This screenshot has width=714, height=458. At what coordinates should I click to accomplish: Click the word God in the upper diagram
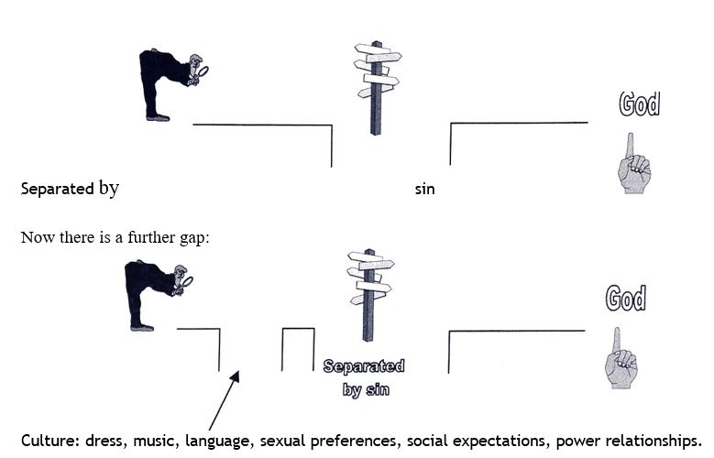[x=639, y=104]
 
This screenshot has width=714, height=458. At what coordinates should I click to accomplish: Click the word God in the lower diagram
[x=626, y=299]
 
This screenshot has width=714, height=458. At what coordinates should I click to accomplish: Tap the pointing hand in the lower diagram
[x=621, y=358]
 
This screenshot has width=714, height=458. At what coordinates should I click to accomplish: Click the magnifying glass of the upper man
[x=203, y=69]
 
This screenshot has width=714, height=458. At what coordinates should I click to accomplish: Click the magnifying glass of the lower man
[x=187, y=281]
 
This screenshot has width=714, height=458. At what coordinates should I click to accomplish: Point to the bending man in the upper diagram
[x=170, y=82]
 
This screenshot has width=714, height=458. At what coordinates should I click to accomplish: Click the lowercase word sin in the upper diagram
[x=424, y=191]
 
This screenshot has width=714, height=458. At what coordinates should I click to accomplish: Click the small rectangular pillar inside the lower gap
[x=298, y=349]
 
